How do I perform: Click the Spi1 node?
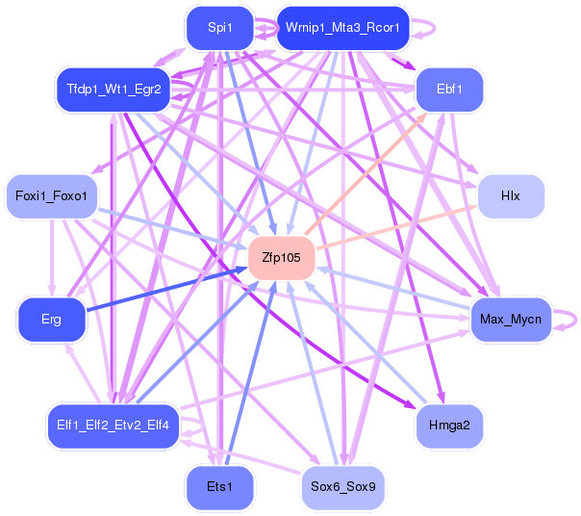point(220,27)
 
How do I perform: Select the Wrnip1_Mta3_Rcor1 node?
point(343,27)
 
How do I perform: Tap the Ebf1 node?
point(449,90)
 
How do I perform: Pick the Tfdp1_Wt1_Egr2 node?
point(114,90)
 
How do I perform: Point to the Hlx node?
point(510,196)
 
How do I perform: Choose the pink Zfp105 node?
point(281,258)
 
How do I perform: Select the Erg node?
point(52,319)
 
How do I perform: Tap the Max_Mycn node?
point(511,319)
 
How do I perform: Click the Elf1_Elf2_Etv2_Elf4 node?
point(112,425)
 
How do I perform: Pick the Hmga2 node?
point(449,425)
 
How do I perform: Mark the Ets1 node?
point(220,487)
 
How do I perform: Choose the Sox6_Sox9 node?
point(342,487)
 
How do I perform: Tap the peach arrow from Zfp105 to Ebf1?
point(366,173)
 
